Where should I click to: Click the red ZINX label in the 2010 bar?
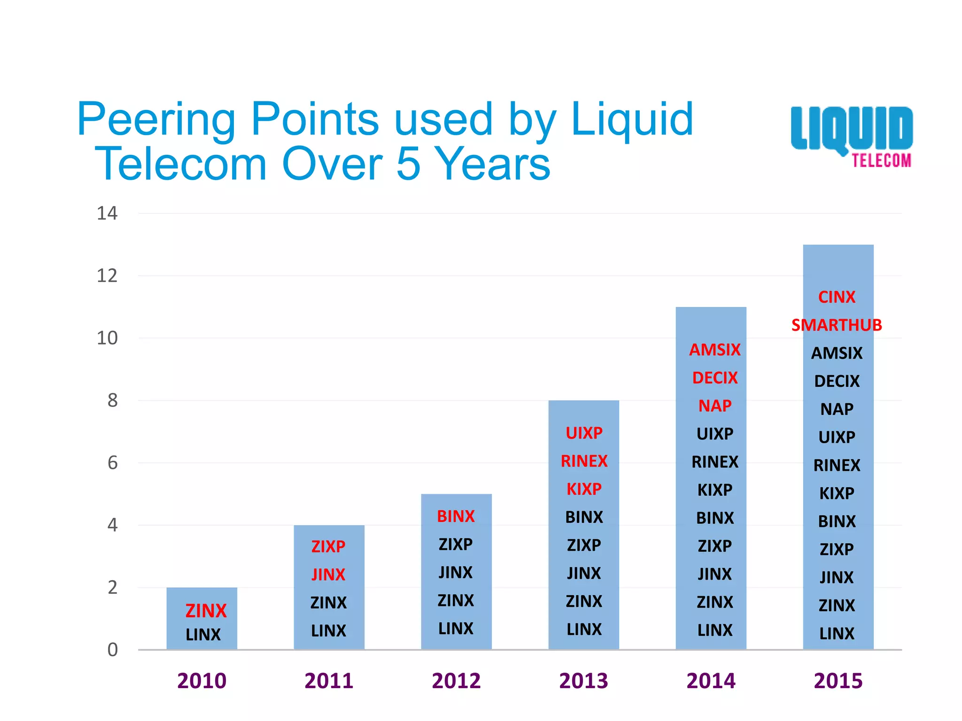[x=206, y=611]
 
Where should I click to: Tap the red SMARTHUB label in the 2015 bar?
[x=837, y=325]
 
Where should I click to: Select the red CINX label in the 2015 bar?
[x=837, y=297]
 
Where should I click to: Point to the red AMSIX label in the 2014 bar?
[x=714, y=350]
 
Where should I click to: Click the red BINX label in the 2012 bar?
[x=456, y=516]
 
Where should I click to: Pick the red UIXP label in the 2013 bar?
[x=584, y=433]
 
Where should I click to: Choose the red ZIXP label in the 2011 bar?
[x=328, y=546]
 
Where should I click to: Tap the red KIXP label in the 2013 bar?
[x=584, y=489]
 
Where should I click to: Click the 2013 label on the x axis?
[x=583, y=681]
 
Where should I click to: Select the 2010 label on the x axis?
[x=202, y=681]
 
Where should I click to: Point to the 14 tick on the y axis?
[x=107, y=214]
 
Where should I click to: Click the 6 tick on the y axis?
[x=112, y=463]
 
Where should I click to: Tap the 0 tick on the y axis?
[x=112, y=650]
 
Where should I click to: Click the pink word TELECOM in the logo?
[x=882, y=161]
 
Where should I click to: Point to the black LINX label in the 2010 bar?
[x=203, y=635]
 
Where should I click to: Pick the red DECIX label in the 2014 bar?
[x=714, y=378]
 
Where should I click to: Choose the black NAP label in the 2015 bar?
[x=837, y=409]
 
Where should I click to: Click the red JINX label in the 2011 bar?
[x=328, y=575]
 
